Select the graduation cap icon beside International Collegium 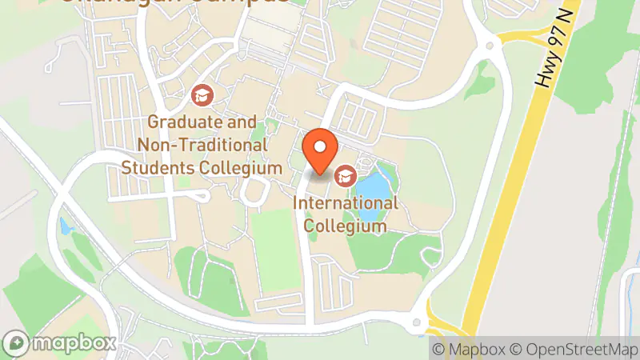click(346, 175)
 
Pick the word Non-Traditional click(202, 146)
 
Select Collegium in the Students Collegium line click(242, 168)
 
